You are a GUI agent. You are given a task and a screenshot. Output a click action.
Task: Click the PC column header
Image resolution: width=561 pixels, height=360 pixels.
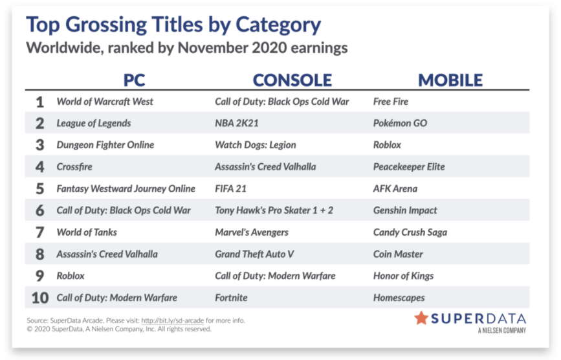134,80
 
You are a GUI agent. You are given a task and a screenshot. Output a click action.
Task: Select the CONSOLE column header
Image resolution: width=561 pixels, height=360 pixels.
292,80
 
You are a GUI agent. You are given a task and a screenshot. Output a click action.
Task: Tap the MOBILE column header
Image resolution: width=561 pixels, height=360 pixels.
450,80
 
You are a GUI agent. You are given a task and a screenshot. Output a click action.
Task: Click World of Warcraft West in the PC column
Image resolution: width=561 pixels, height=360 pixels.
105,102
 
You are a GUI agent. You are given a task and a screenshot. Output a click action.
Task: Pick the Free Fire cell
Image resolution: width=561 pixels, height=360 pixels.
391,102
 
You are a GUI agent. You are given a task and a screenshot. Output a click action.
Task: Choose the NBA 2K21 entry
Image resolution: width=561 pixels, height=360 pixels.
236,123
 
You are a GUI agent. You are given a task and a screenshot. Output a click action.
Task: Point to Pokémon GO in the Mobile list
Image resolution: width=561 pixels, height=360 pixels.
400,123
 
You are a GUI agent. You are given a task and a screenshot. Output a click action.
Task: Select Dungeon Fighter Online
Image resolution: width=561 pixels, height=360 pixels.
105,145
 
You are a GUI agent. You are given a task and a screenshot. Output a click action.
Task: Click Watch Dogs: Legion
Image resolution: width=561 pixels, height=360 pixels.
256,145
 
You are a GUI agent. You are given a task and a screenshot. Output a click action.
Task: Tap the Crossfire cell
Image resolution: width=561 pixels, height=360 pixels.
74,167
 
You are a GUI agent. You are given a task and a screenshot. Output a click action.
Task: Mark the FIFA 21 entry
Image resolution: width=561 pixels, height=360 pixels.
231,188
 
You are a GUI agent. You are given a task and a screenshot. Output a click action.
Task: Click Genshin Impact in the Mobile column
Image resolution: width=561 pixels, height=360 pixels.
405,210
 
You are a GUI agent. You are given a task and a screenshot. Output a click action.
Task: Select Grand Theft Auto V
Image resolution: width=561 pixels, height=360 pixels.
254,254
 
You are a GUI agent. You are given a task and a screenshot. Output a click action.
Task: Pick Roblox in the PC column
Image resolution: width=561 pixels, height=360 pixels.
71,276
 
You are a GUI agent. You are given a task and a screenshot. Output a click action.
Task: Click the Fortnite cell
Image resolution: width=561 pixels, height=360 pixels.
231,298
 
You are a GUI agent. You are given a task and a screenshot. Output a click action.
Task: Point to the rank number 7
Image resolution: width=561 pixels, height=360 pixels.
39,232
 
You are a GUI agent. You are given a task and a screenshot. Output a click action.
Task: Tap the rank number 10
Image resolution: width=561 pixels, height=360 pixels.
39,298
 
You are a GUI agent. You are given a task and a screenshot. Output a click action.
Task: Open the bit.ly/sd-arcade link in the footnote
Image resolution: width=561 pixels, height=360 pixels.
173,321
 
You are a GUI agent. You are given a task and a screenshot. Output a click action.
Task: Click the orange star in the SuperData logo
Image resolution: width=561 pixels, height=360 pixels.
421,318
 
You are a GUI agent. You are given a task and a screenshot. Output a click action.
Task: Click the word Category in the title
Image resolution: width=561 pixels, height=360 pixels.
278,25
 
